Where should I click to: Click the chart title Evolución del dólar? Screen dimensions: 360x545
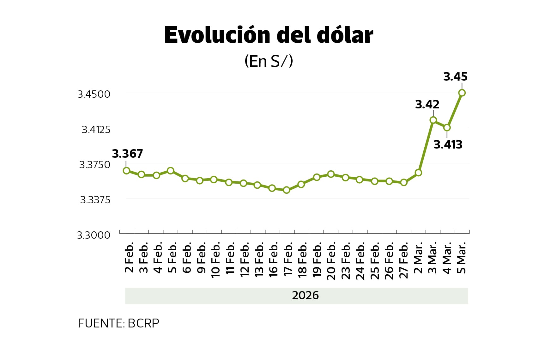pyautogui.click(x=269, y=35)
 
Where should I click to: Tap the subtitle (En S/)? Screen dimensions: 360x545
pyautogui.click(x=269, y=61)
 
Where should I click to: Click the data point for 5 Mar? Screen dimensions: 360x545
pyautogui.click(x=462, y=93)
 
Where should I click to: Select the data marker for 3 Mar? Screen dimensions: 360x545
pyautogui.click(x=433, y=120)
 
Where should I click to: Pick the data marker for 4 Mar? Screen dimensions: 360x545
pyautogui.click(x=447, y=128)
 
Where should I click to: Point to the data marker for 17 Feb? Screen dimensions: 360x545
pyautogui.click(x=287, y=190)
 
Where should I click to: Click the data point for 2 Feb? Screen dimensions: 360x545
pyautogui.click(x=126, y=171)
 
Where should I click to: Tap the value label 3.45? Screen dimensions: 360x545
pyautogui.click(x=455, y=77)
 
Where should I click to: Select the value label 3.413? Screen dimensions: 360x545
pyautogui.click(x=448, y=145)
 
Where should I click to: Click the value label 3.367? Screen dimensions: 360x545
pyautogui.click(x=127, y=154)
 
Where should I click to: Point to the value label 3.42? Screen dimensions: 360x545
pyautogui.click(x=427, y=105)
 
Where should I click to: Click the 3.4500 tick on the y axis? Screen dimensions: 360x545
pyautogui.click(x=94, y=94)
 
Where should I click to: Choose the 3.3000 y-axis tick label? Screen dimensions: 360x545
pyautogui.click(x=94, y=235)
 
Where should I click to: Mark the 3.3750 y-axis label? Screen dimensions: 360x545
pyautogui.click(x=94, y=165)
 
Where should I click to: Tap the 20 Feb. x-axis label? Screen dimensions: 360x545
pyautogui.click(x=331, y=261)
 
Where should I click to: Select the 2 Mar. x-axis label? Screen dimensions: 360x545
pyautogui.click(x=418, y=258)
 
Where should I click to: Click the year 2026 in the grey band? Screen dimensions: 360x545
pyautogui.click(x=305, y=296)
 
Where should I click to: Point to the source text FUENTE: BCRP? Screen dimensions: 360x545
pyautogui.click(x=118, y=323)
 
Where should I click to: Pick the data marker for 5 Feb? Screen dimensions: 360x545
pyautogui.click(x=171, y=171)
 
